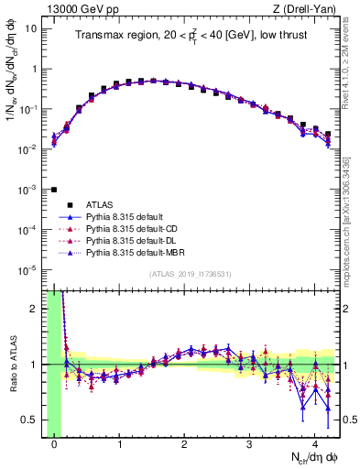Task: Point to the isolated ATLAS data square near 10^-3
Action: pos(54,190)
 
